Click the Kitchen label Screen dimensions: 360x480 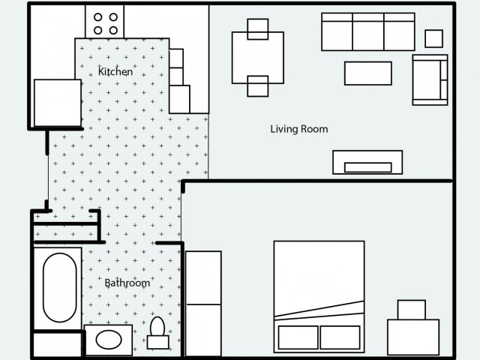point(115,72)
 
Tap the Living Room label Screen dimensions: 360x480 point(298,129)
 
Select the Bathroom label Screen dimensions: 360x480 point(127,283)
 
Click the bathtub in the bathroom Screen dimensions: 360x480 point(60,287)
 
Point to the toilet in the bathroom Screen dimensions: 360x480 point(157,331)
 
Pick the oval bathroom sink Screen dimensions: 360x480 point(109,339)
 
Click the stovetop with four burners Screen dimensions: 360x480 point(105,23)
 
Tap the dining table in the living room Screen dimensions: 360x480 point(258,57)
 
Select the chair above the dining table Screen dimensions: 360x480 point(257,28)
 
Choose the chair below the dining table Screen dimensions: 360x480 point(257,86)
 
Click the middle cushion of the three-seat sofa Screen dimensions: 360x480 point(367,31)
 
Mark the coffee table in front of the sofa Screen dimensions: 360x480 point(367,73)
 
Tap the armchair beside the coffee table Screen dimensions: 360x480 point(430,79)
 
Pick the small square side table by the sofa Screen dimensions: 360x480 point(433,38)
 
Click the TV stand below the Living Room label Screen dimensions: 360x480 point(367,163)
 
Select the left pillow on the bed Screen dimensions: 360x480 point(297,337)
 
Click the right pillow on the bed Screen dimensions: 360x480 point(340,337)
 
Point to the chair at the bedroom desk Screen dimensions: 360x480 point(411,310)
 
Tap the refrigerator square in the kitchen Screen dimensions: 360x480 point(57,103)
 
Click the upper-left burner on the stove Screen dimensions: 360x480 point(97,17)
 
